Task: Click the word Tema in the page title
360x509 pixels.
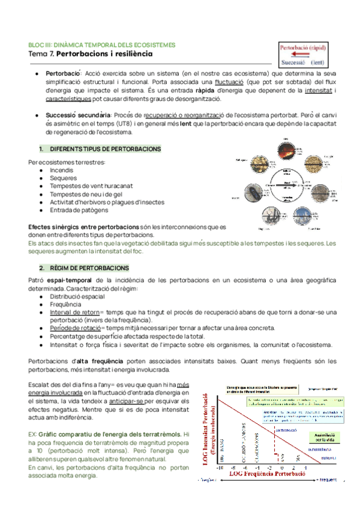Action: pyautogui.click(x=39, y=55)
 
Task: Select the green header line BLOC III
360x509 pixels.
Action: pyautogui.click(x=102, y=45)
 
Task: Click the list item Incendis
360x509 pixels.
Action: pyautogui.click(x=62, y=170)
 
